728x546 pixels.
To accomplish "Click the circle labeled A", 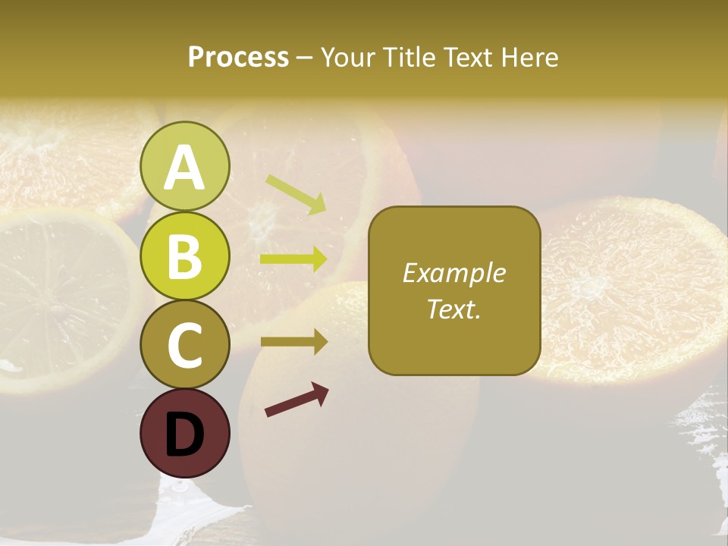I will tap(184, 167).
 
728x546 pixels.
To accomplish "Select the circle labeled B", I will tap(184, 256).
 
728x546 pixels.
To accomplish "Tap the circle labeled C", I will tap(184, 344).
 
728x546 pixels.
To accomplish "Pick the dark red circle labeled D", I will tap(184, 433).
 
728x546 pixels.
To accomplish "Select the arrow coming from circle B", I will tap(293, 259).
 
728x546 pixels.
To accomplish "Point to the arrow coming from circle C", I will tap(293, 342).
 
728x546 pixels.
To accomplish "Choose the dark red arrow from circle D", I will tap(297, 400).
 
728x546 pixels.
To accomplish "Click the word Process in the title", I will tap(238, 58).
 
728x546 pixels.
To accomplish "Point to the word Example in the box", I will tap(453, 273).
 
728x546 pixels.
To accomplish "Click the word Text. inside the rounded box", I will tap(453, 309).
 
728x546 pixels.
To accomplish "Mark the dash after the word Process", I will tap(305, 58).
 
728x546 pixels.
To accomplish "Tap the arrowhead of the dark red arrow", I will tap(321, 391).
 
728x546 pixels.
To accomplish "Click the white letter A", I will tap(184, 168).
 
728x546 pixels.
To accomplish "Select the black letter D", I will tap(184, 435).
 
